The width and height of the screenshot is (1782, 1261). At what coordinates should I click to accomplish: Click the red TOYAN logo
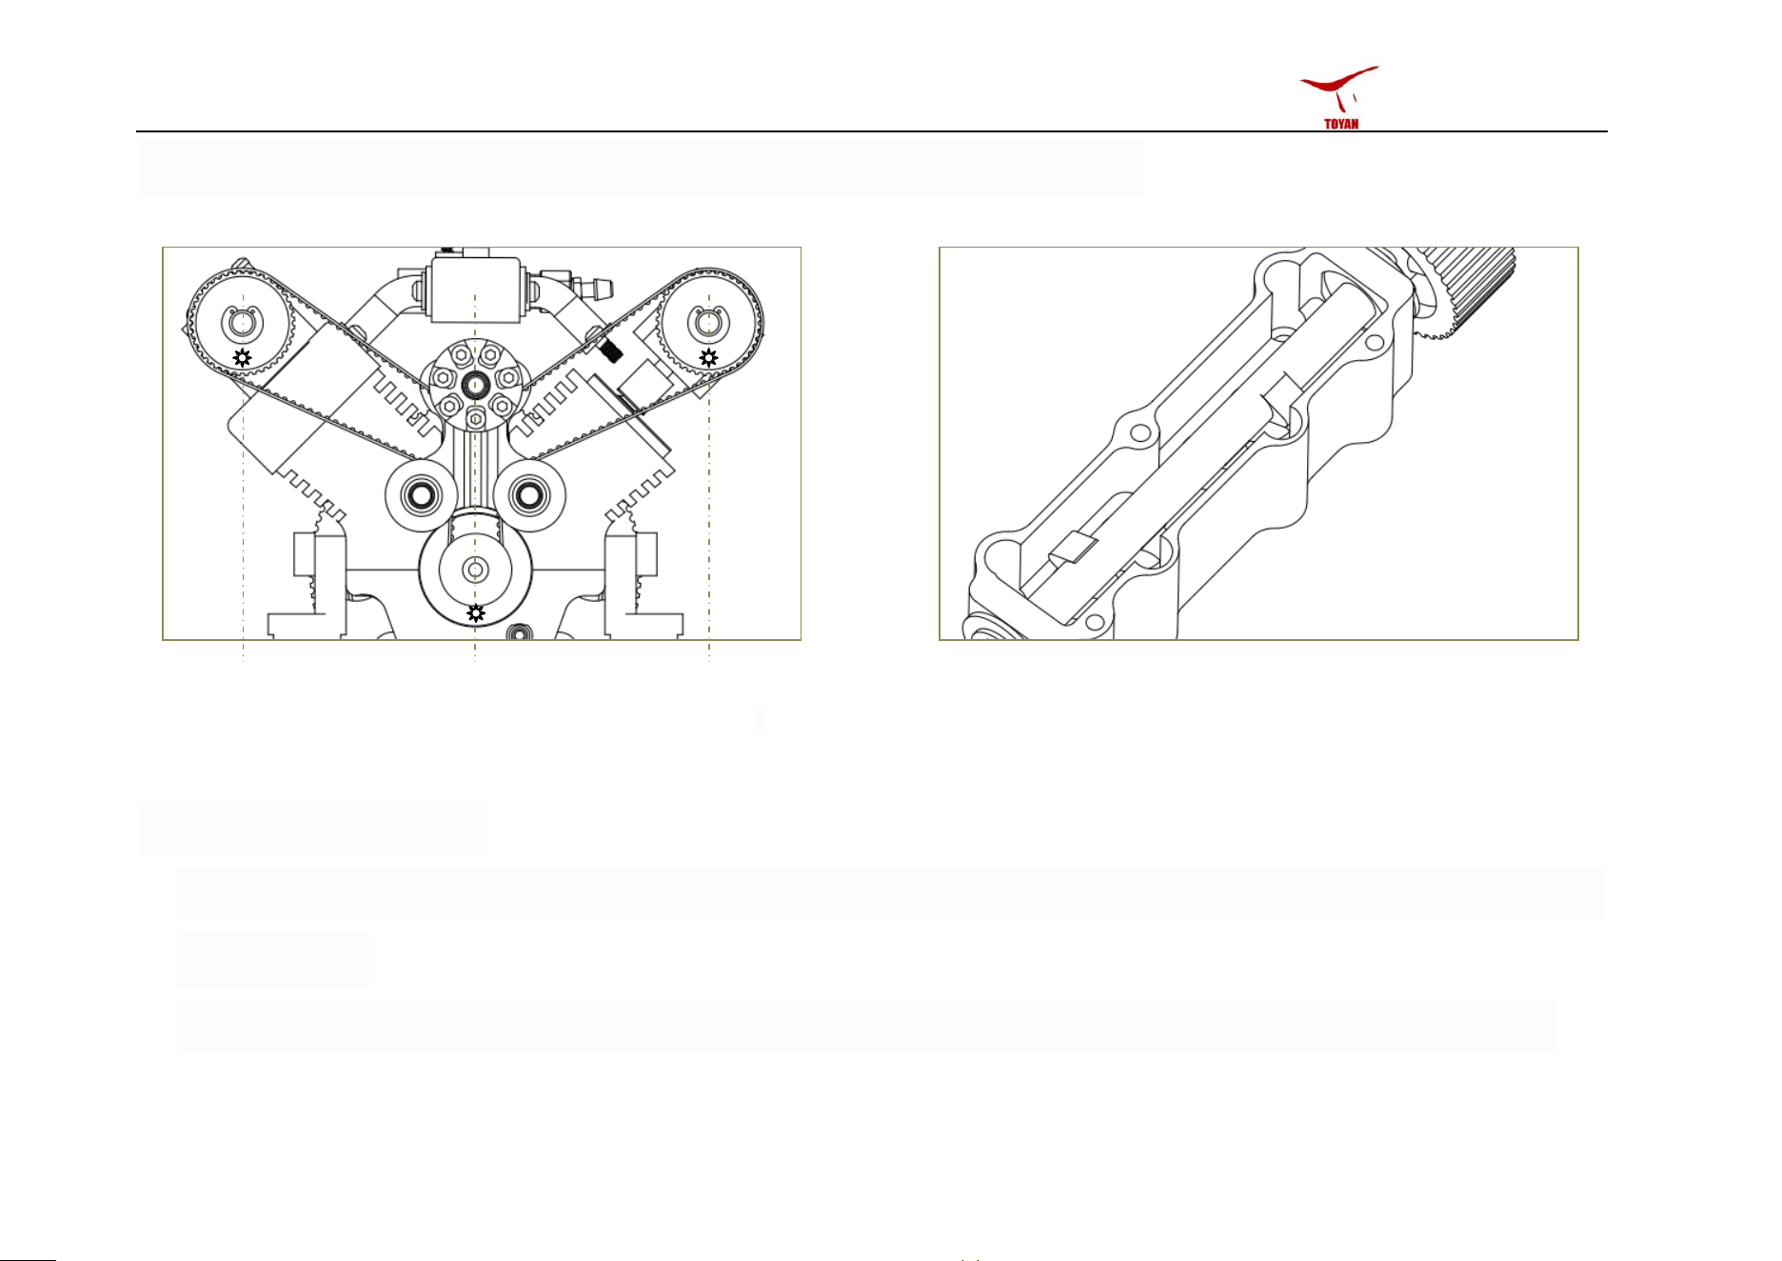click(1340, 97)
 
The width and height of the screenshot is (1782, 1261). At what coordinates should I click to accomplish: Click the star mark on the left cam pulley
click(243, 358)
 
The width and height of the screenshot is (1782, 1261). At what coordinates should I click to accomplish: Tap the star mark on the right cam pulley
click(708, 358)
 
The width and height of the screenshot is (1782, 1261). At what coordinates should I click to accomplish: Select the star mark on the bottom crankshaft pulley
click(476, 613)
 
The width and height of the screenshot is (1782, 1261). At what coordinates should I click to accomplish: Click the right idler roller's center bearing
click(526, 494)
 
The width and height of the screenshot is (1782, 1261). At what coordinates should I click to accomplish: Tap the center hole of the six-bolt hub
click(474, 384)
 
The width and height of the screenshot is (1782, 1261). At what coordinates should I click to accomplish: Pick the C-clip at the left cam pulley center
click(242, 323)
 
